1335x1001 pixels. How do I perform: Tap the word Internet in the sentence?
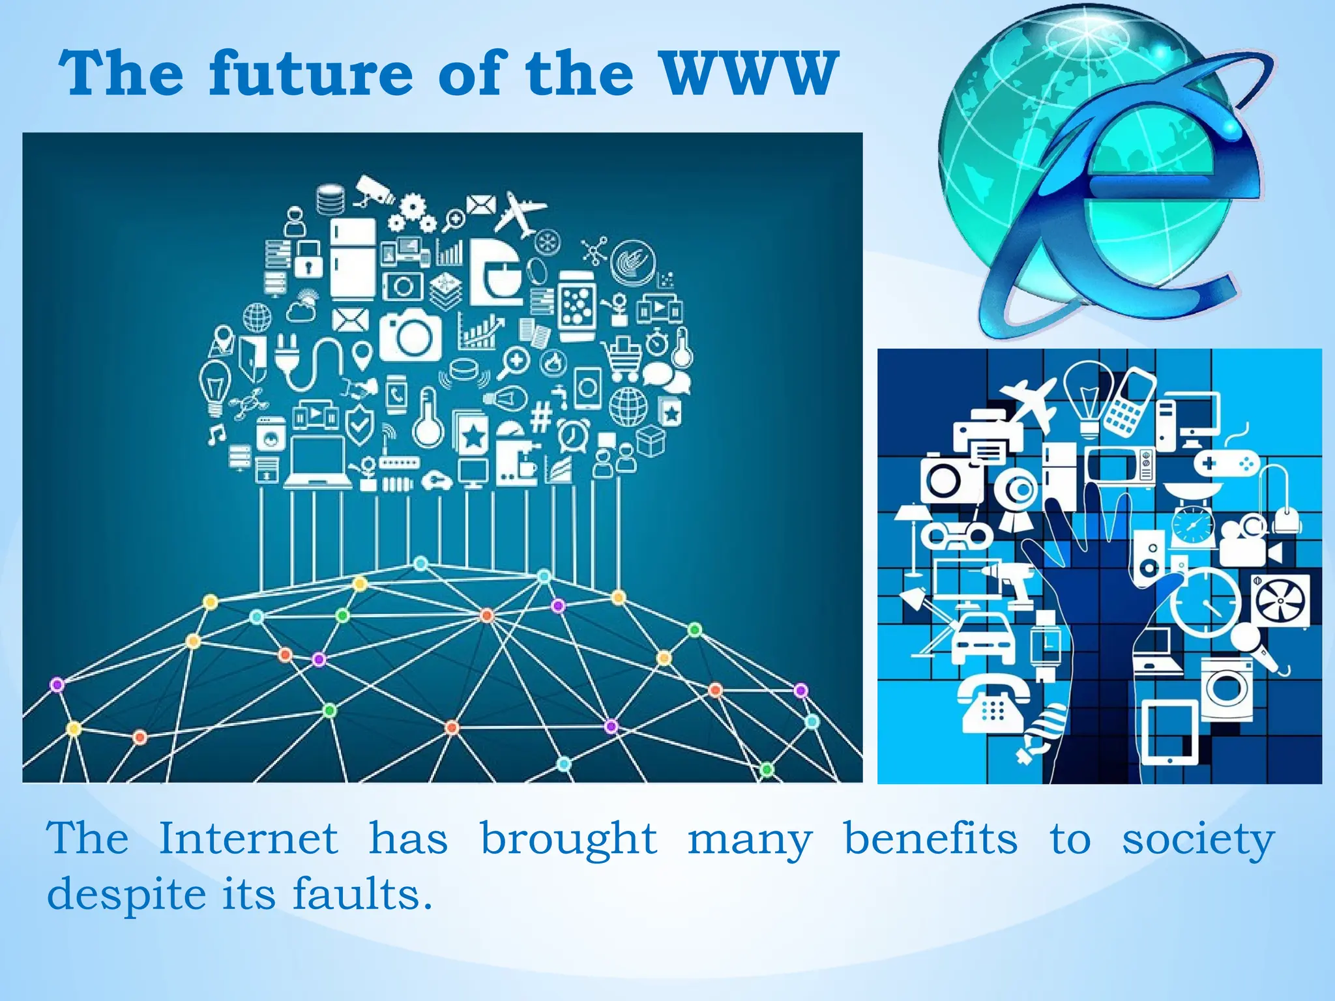[x=248, y=838]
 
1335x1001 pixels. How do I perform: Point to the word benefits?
[x=930, y=838]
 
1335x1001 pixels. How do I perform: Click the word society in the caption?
[x=1197, y=839]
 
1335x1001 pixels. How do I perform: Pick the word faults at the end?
[x=362, y=893]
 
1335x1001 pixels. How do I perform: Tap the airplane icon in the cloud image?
[x=519, y=212]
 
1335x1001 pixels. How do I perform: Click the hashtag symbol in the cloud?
[x=541, y=417]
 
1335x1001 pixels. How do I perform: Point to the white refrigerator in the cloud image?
[x=353, y=258]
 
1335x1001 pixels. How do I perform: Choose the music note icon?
[x=216, y=433]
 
